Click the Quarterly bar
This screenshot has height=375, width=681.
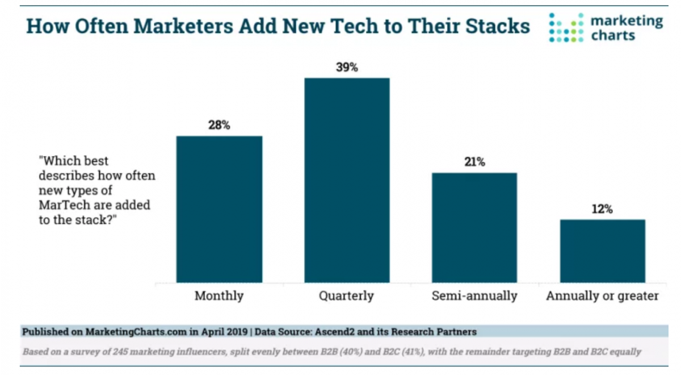(x=347, y=180)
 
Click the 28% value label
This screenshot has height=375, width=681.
(x=219, y=126)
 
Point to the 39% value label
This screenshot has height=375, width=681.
(x=347, y=68)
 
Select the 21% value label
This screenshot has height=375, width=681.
(x=474, y=163)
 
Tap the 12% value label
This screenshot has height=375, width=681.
(x=602, y=209)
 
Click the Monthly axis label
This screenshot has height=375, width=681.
(x=219, y=296)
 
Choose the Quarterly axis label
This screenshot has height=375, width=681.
(x=347, y=296)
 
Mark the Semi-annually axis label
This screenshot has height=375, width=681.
(x=474, y=296)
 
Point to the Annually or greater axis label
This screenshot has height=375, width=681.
(x=602, y=296)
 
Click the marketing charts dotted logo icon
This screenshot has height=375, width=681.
(x=566, y=28)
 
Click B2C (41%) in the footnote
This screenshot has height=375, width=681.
(x=407, y=352)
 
